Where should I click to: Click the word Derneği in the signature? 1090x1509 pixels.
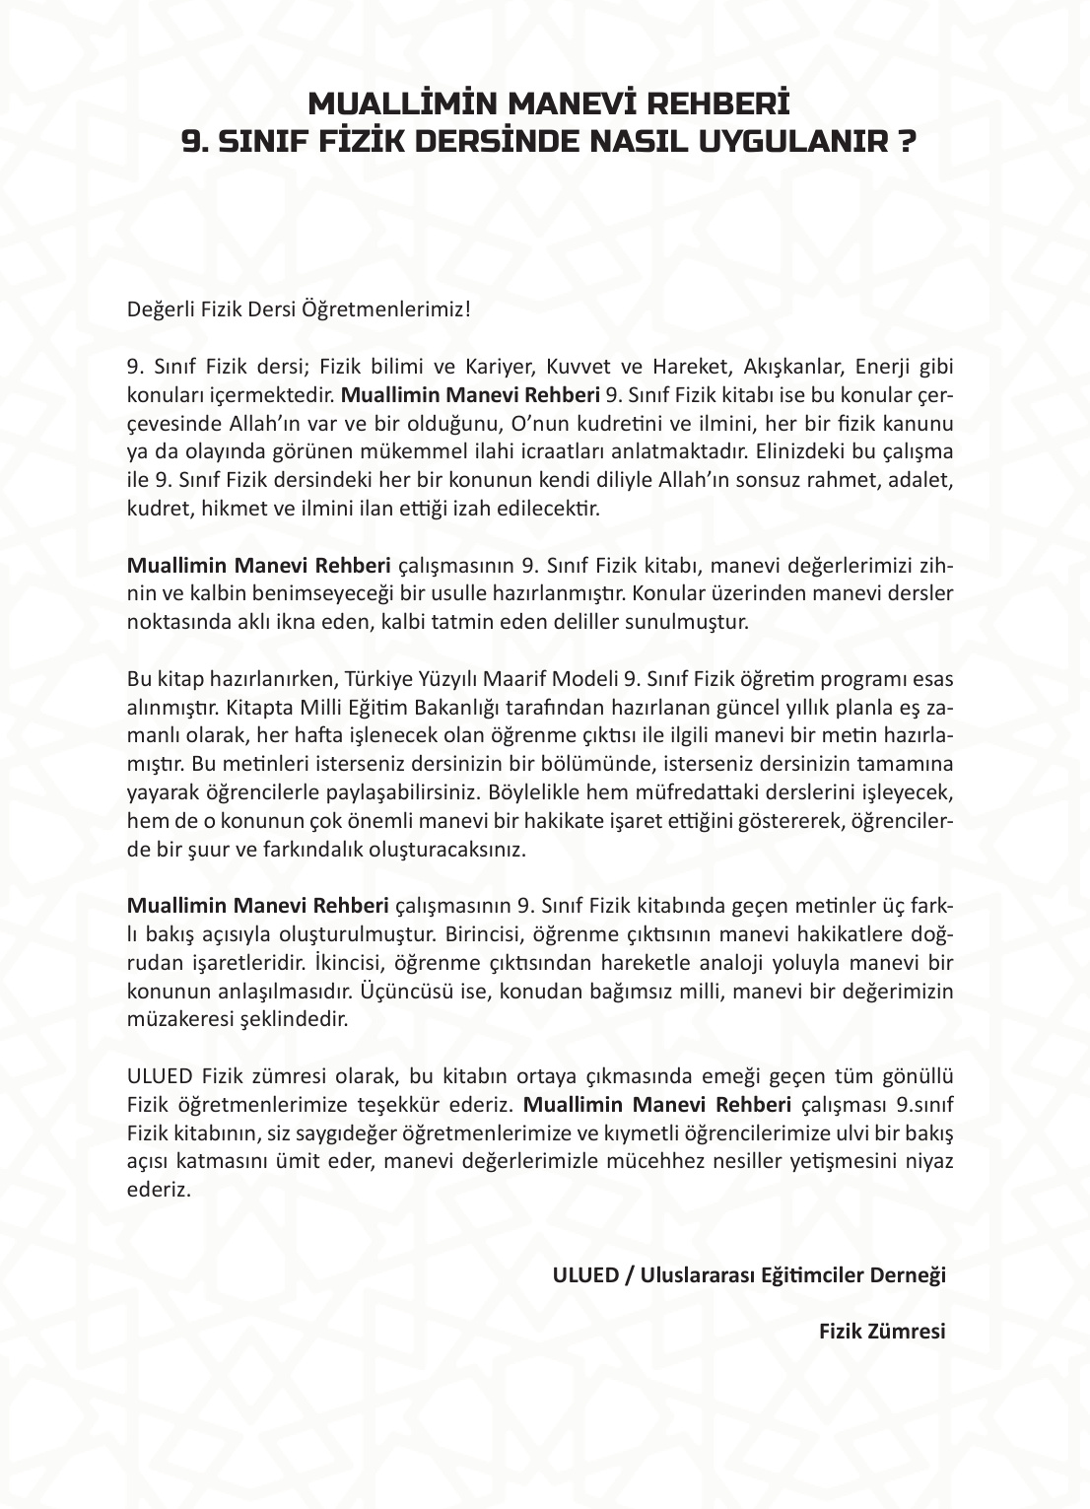coord(907,1274)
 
